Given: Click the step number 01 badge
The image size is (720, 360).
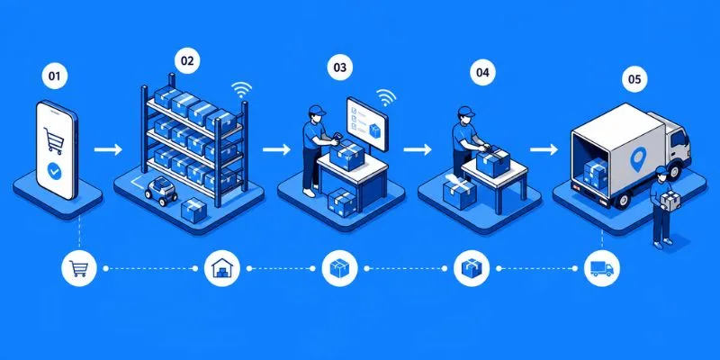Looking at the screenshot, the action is point(54,76).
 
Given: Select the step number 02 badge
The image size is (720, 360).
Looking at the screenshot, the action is point(187,61).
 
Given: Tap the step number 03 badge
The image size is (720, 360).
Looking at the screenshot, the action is point(340,67).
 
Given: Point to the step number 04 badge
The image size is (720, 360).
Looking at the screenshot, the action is point(482,73).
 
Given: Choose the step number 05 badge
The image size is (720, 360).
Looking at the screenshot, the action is point(634,79).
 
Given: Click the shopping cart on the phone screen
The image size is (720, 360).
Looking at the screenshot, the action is point(54,140).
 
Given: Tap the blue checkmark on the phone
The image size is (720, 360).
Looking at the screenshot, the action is point(55,172).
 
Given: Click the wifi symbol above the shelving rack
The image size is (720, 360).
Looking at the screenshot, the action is point(241,88).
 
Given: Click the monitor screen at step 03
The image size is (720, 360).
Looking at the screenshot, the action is point(367,123).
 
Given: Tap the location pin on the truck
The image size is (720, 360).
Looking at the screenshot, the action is point(637,159).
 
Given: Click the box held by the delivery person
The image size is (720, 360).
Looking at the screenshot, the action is point(670,201).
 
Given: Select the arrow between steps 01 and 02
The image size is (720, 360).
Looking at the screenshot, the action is point(108,149).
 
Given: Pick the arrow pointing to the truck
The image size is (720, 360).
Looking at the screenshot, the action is point(544,149).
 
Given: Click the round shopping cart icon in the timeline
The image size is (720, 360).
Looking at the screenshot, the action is point(78,268).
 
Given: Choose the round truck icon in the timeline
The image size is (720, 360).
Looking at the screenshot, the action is point(601,268).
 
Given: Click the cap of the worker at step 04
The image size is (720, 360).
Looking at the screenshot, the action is point(465,111).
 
